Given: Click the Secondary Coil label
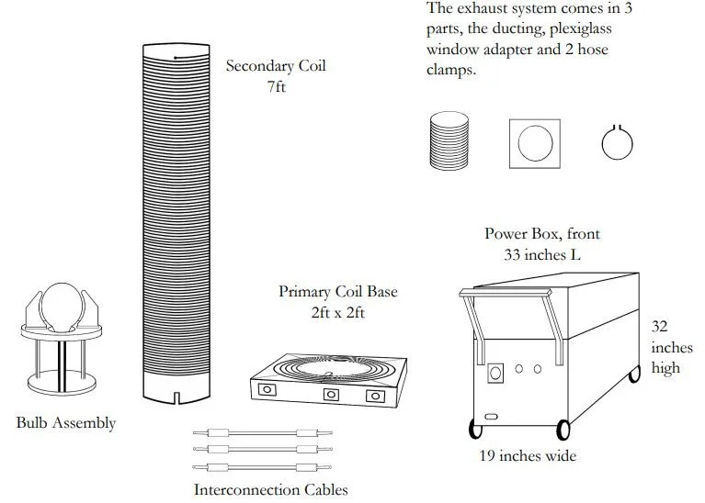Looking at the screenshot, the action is coord(275,66).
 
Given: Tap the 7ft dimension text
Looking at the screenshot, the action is coord(275,89).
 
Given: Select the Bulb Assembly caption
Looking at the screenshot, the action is coord(66,423).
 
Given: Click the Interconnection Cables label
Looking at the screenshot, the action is coord(270,489).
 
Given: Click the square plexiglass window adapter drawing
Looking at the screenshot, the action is coord(534,142).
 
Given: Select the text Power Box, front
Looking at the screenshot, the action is coord(542,233).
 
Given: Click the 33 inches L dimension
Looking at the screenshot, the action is coord(542,254).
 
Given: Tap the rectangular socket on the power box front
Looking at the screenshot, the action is coord(496,373).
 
